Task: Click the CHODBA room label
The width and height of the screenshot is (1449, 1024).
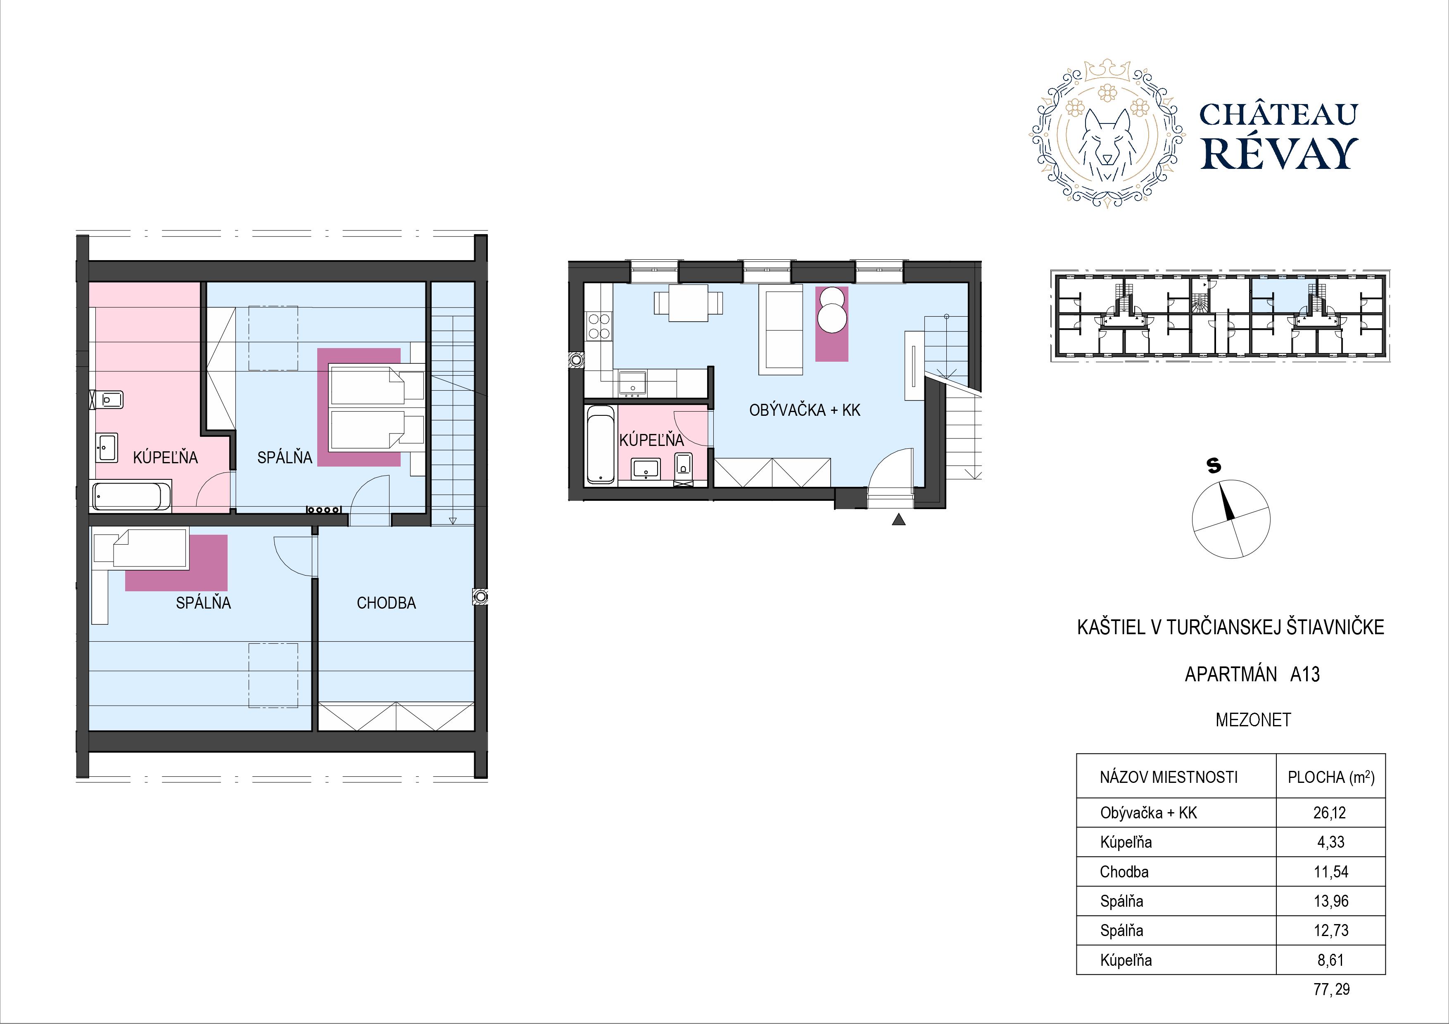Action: tap(386, 603)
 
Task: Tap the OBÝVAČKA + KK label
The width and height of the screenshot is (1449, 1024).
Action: tap(805, 410)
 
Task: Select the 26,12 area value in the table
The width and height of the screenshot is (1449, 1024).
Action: tap(1330, 813)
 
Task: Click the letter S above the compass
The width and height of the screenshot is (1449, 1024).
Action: tap(1214, 466)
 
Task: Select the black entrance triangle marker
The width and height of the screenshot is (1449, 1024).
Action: tap(899, 519)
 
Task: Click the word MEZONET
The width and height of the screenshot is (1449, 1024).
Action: tap(1253, 720)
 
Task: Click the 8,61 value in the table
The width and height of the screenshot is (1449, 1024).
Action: tap(1331, 960)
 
